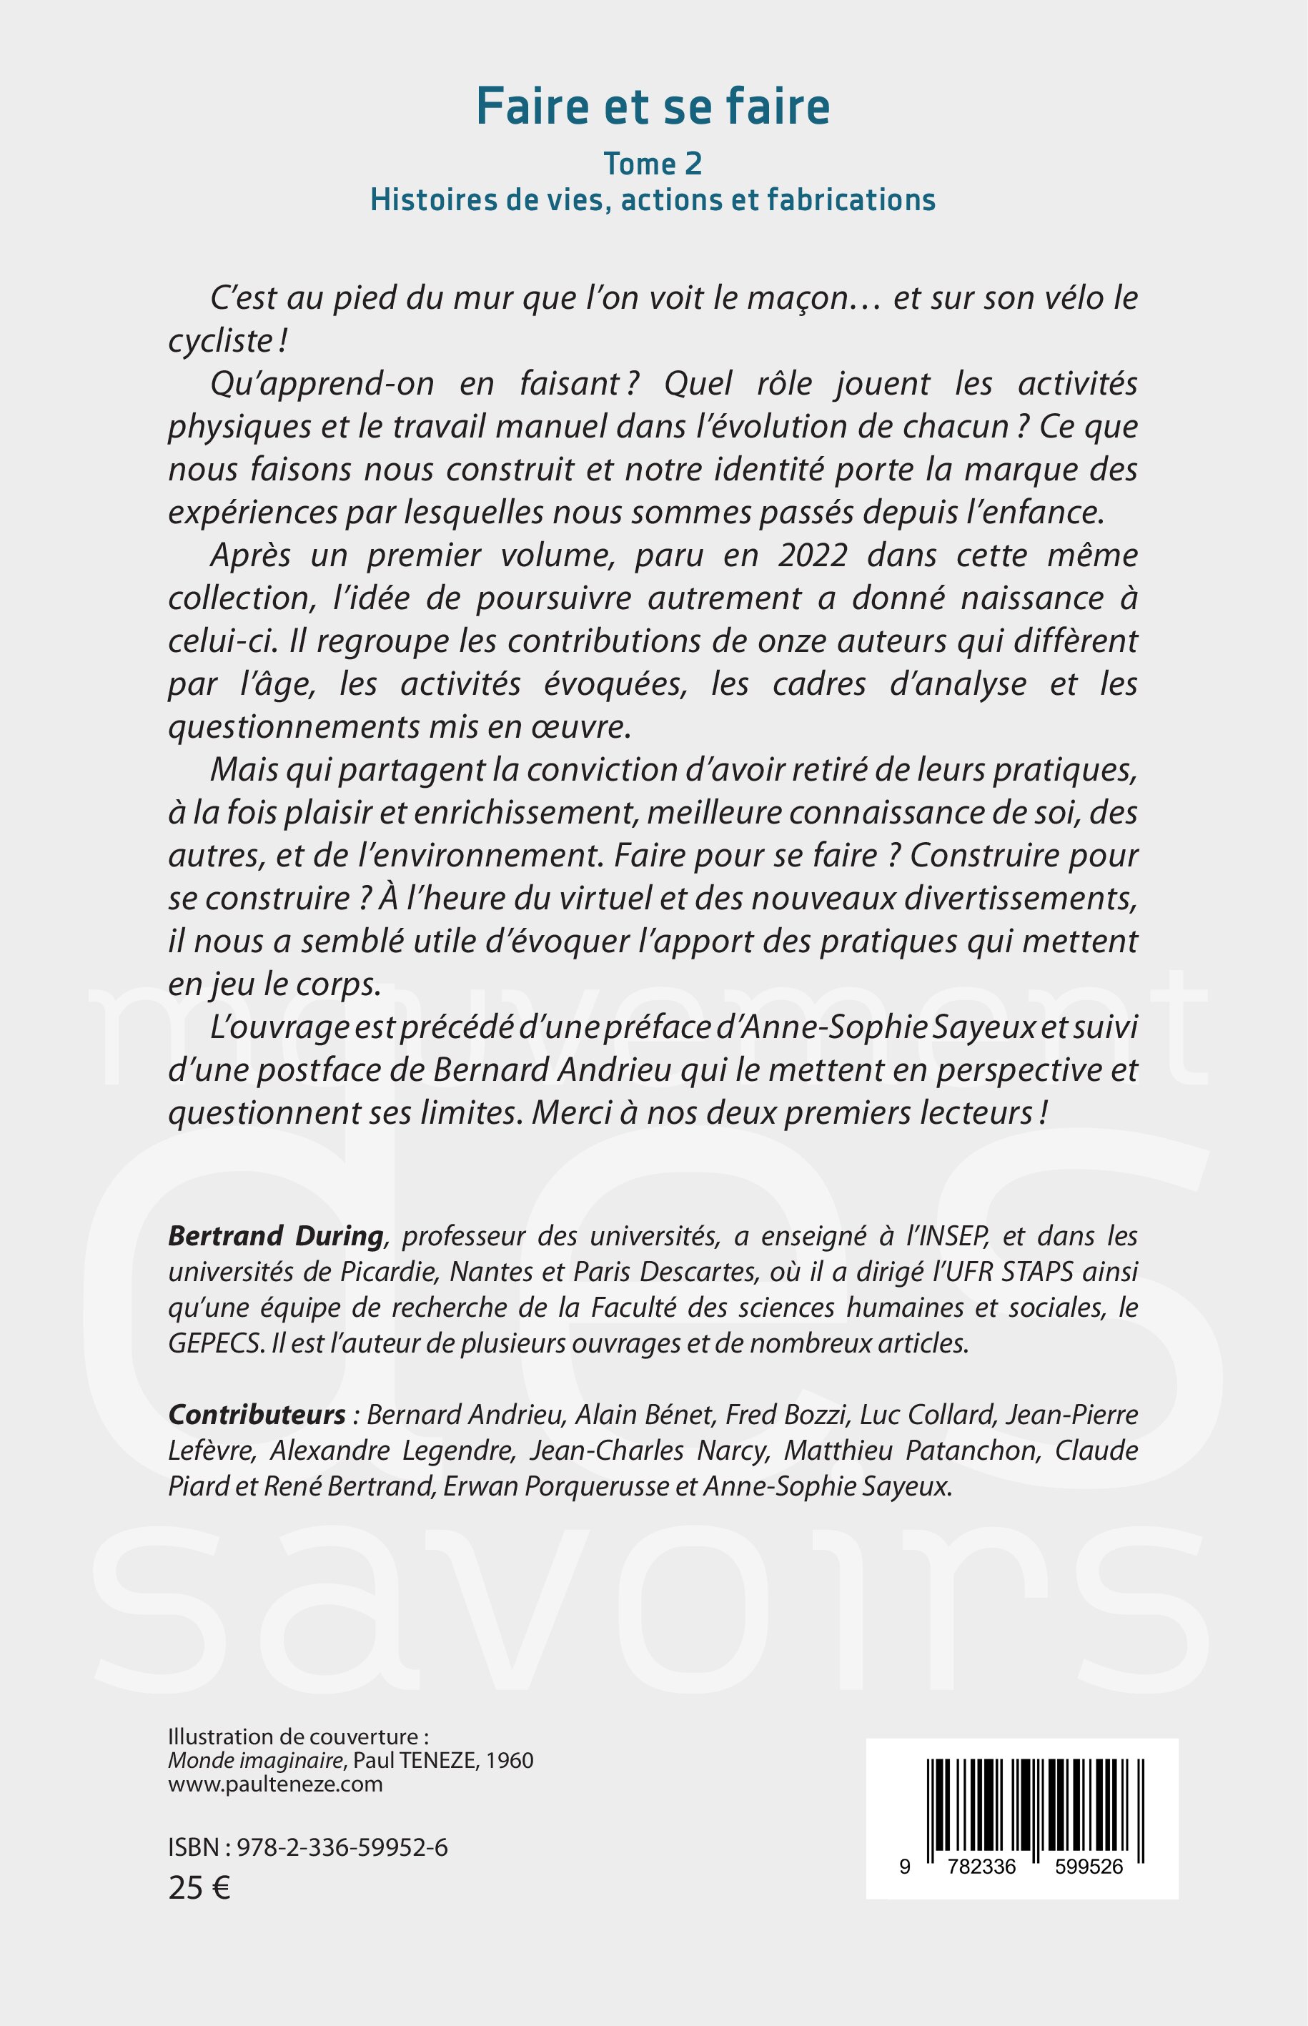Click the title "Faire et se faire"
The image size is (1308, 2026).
click(653, 107)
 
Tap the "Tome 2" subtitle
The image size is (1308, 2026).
click(653, 164)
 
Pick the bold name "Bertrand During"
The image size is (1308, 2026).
click(276, 1236)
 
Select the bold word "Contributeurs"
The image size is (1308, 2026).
click(257, 1414)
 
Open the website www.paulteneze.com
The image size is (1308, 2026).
click(275, 1784)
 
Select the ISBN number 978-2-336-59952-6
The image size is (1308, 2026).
click(342, 1847)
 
